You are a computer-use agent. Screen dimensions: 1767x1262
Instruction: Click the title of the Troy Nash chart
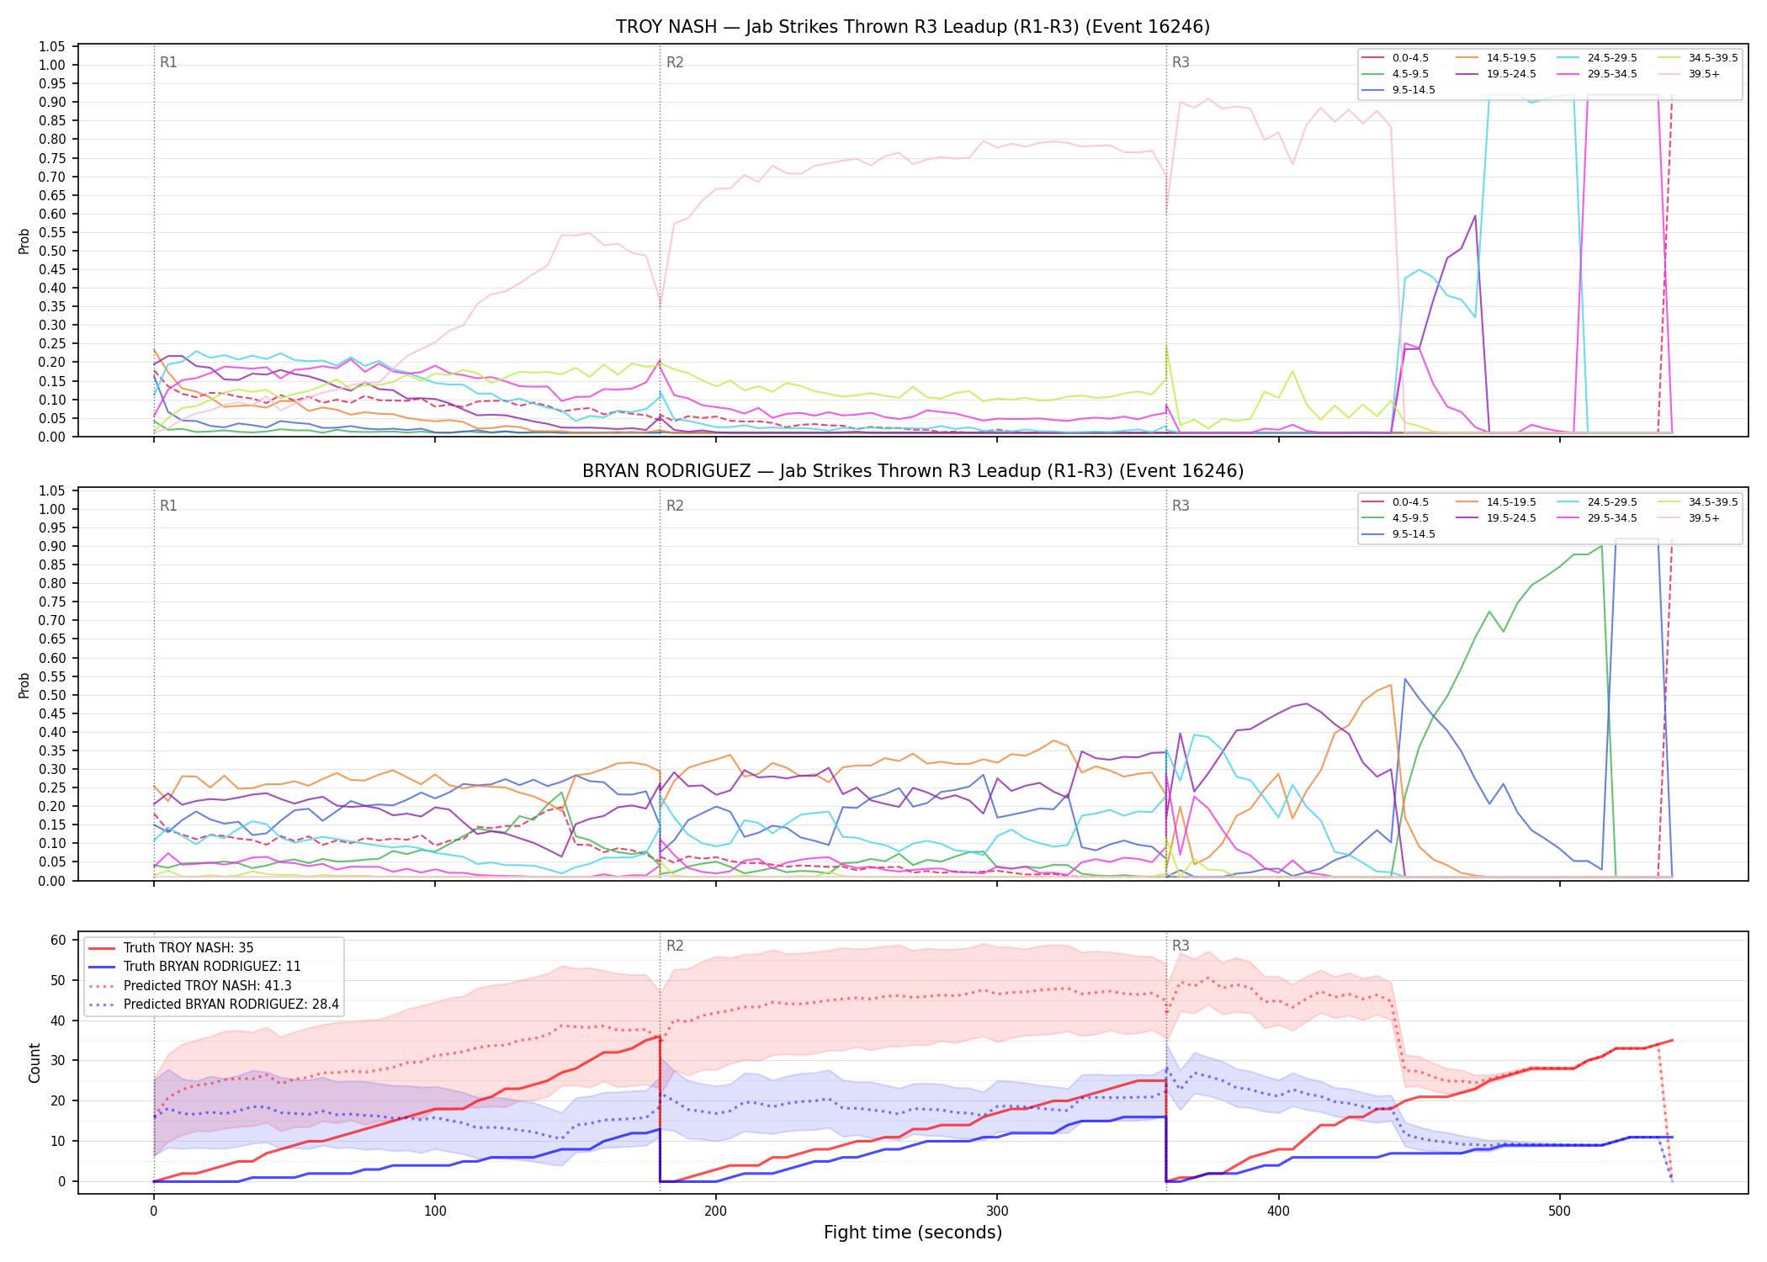(x=913, y=27)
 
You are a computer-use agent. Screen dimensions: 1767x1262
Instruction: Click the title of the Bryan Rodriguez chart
(x=913, y=471)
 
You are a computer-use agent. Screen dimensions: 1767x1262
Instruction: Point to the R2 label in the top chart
(x=675, y=62)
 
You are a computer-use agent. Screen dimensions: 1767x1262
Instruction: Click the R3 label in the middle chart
(x=1181, y=506)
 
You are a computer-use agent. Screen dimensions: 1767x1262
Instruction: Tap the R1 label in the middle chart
(x=168, y=506)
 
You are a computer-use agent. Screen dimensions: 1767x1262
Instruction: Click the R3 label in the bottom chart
(x=1181, y=946)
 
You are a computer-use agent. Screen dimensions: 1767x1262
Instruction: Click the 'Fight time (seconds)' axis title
(x=913, y=1233)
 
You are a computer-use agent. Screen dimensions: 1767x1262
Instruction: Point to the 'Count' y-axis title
(x=34, y=1063)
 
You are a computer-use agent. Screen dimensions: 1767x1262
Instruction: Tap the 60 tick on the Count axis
(x=59, y=940)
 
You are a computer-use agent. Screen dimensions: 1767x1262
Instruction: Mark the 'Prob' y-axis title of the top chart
(x=24, y=241)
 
